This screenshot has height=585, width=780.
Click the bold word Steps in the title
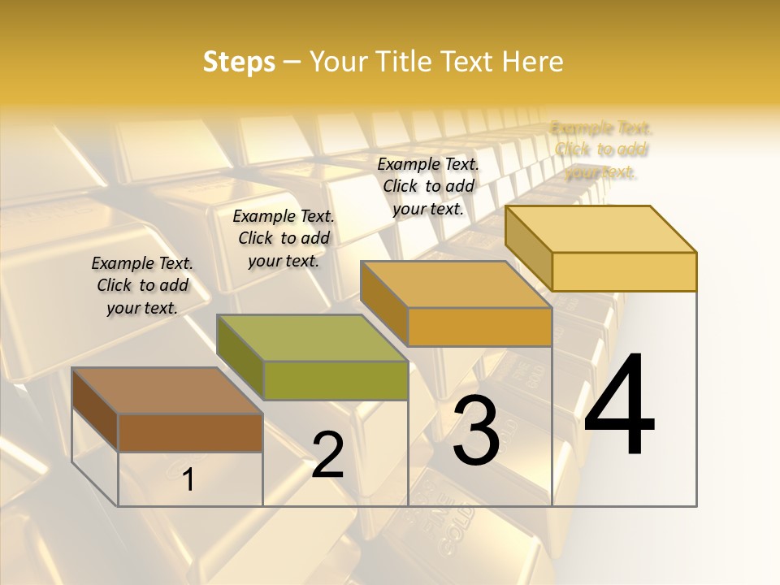pos(239,62)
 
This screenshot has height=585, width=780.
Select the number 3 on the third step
pos(476,431)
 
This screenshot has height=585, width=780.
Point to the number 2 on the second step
pos(328,456)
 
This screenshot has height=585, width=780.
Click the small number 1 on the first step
pos(188,480)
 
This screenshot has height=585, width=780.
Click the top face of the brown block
pos(167,391)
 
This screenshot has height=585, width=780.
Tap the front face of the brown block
pos(190,432)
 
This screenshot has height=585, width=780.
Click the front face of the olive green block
pos(335,380)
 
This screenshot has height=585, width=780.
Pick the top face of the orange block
pos(457,284)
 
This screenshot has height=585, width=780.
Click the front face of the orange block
pos(479,327)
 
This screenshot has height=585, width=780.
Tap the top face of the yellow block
pos(601,229)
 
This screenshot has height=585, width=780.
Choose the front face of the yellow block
pos(624,271)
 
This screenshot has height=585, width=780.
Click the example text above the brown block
pos(142,285)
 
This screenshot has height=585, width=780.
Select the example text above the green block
pos(284,238)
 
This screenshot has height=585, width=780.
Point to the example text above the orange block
pos(428,186)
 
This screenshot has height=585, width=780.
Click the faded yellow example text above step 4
pos(601,149)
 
